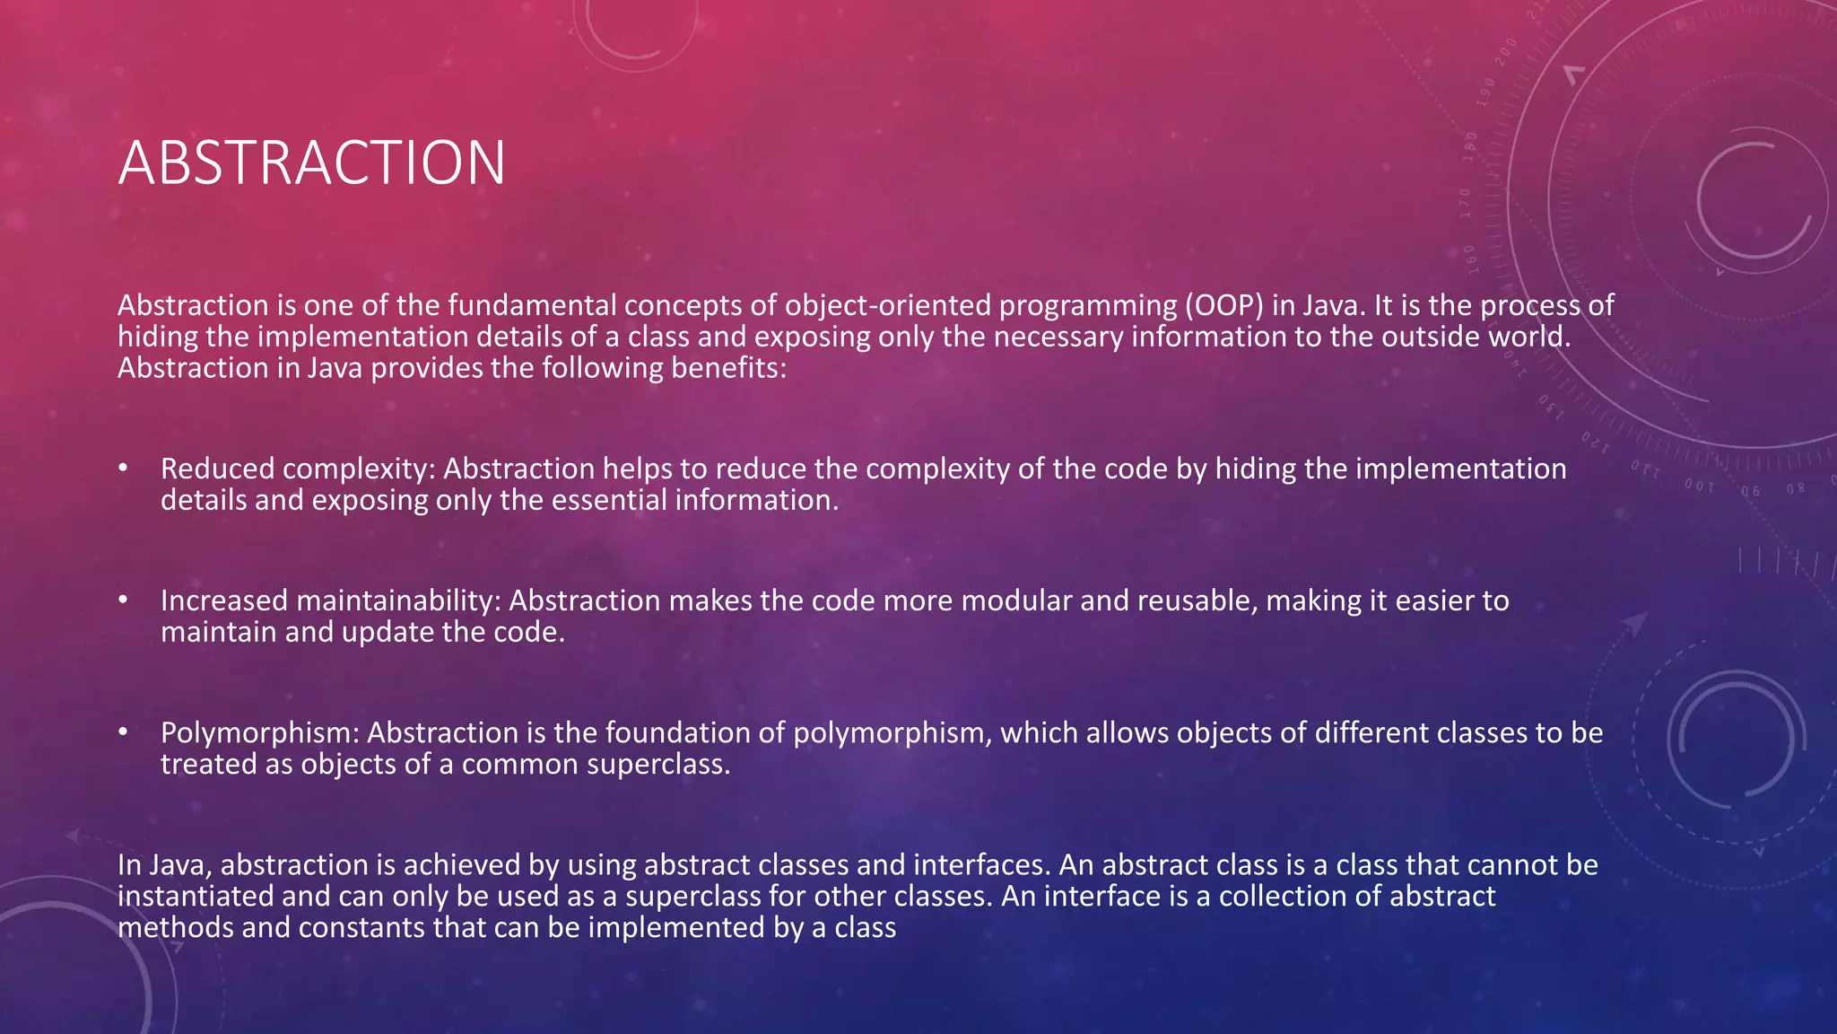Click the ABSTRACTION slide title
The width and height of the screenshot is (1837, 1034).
coord(311,163)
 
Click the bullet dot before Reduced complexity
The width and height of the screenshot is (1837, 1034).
coord(124,468)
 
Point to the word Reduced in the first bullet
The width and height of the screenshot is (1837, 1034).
coord(216,469)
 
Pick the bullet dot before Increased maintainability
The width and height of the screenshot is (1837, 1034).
coord(124,600)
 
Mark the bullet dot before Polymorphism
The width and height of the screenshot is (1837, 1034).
coord(124,732)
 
